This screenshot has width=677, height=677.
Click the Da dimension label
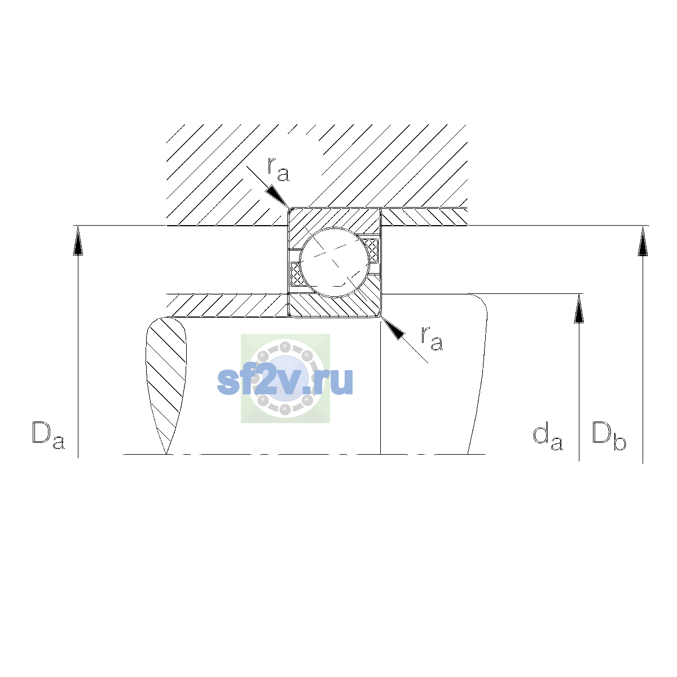[49, 436]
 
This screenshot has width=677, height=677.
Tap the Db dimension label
[609, 436]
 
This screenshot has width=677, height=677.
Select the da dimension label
[548, 437]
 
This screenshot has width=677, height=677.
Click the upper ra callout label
[278, 169]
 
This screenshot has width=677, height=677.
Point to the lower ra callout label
[432, 338]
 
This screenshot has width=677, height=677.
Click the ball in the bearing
[335, 262]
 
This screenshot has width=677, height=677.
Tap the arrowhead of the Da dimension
[78, 240]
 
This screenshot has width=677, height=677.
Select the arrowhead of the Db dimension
[643, 241]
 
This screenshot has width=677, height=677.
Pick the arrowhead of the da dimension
[579, 309]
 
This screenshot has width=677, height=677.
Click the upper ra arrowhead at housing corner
[278, 196]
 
